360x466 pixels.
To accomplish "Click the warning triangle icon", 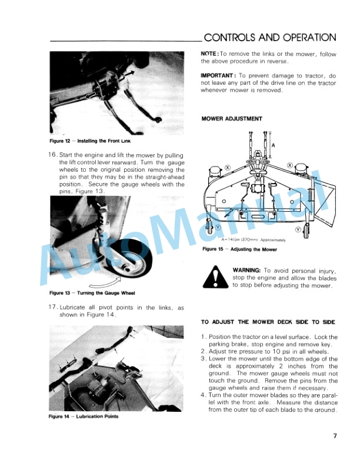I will [214, 277].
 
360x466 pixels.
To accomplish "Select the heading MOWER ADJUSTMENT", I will [232, 118].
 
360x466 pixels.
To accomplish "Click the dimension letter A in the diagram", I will [272, 144].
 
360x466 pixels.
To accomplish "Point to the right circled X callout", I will [290, 165].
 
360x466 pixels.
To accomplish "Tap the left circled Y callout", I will [218, 227].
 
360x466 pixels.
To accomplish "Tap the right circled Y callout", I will [298, 229].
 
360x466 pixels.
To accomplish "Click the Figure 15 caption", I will [231, 249].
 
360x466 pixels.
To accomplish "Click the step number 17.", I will [51, 307].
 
